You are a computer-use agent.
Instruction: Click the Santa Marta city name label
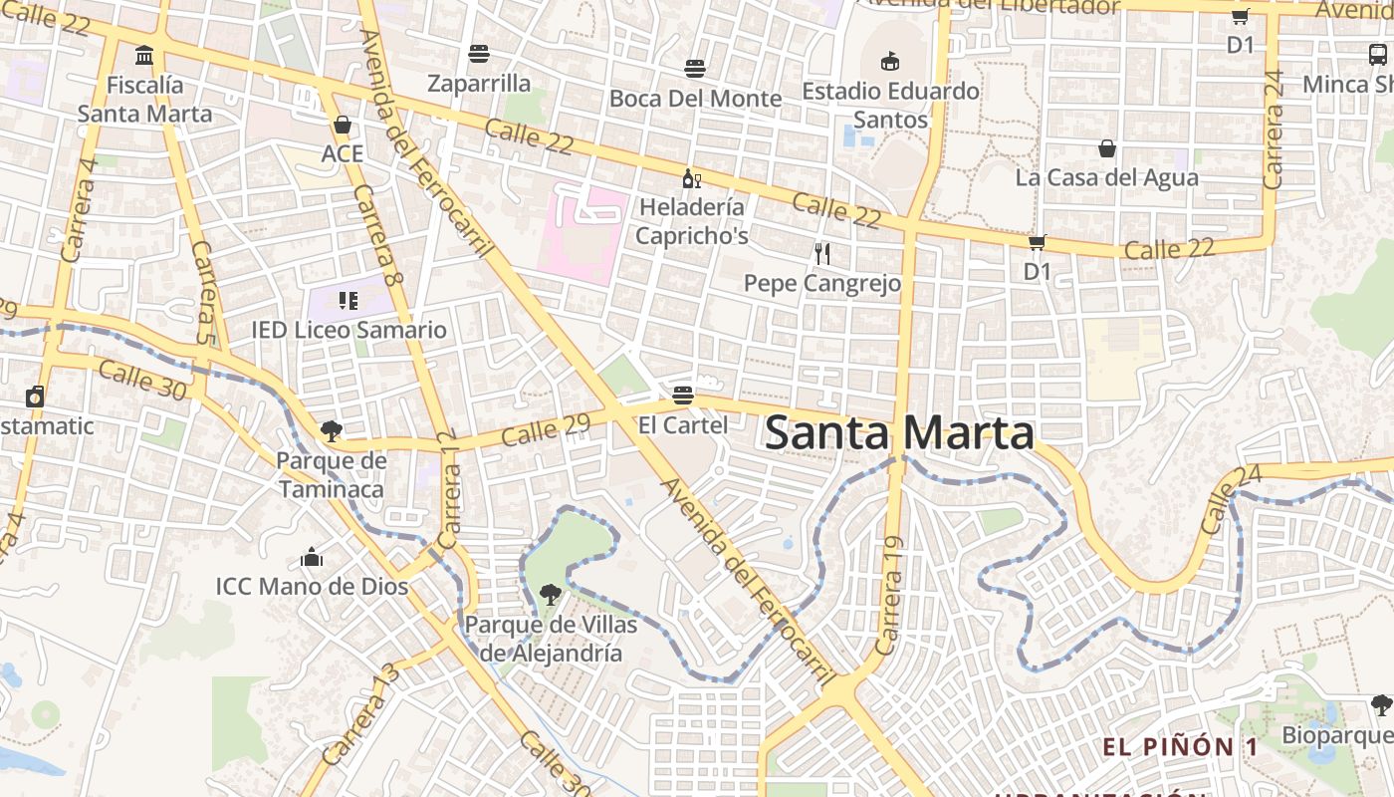[x=899, y=433]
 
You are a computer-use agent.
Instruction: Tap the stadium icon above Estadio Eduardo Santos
[x=890, y=62]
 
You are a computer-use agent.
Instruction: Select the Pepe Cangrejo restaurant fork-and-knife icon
[x=822, y=254]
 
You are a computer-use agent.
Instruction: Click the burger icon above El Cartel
[x=682, y=395]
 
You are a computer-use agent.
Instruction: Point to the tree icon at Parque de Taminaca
[x=331, y=431]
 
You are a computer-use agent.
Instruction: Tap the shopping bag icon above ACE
[x=343, y=126]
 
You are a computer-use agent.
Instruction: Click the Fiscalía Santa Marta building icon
[x=144, y=55]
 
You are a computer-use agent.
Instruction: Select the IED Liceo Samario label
[x=348, y=330]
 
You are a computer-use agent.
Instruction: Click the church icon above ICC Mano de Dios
[x=312, y=557]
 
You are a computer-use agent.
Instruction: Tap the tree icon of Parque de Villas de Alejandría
[x=549, y=596]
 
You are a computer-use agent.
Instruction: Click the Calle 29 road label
[x=546, y=429]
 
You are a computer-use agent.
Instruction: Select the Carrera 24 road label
[x=1274, y=130]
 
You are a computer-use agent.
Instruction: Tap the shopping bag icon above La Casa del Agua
[x=1106, y=149]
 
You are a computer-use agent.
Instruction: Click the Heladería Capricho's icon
[x=691, y=179]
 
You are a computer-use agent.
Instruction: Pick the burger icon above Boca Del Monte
[x=695, y=69]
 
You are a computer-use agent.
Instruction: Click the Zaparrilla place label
[x=479, y=83]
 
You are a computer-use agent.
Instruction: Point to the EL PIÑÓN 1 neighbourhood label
[x=1180, y=747]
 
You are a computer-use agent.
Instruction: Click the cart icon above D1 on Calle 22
[x=1037, y=242]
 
